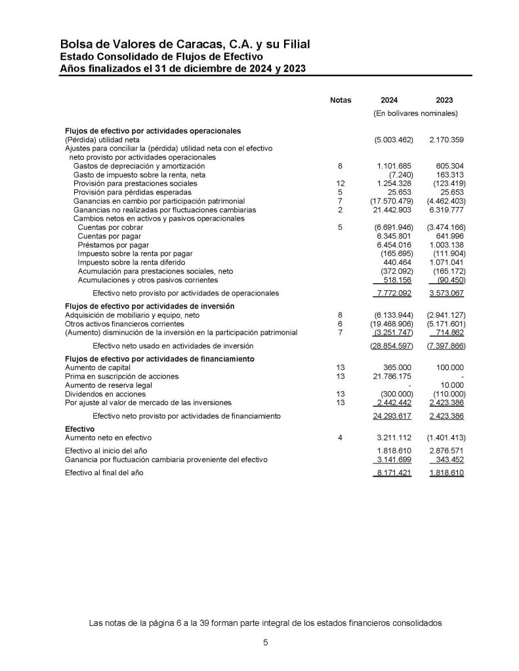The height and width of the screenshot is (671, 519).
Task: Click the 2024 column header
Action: (x=388, y=100)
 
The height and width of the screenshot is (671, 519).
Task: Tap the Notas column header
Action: (x=341, y=100)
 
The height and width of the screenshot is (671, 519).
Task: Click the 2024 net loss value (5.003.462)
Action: (x=394, y=140)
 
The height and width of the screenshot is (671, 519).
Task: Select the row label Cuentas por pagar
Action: (x=109, y=236)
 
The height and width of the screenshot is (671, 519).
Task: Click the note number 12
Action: (x=340, y=184)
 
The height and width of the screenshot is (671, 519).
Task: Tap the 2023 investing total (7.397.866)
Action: (x=446, y=345)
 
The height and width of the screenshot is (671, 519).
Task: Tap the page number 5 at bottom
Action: (x=266, y=643)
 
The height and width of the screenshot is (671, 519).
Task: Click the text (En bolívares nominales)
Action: (x=415, y=113)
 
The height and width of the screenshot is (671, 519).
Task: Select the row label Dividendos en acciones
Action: (x=104, y=394)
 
